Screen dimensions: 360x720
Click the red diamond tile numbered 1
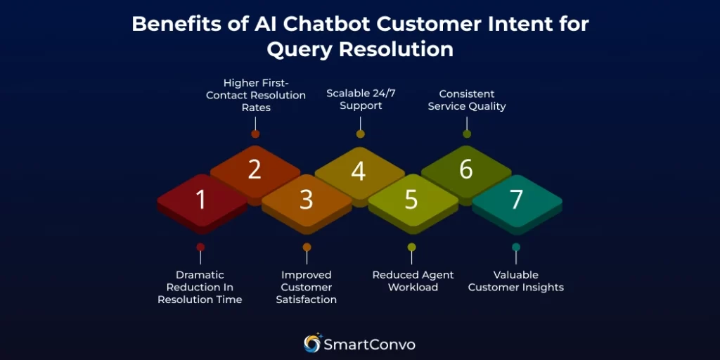(201, 200)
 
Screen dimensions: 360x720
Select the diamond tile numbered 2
(255, 171)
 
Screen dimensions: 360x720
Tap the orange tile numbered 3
(307, 200)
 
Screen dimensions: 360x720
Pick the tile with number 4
(359, 171)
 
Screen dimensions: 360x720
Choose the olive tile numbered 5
(412, 200)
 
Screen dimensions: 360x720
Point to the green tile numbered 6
(466, 171)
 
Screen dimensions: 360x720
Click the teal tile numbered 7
(517, 200)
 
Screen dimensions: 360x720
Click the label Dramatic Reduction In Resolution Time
(200, 288)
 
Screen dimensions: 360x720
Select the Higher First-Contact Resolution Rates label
(256, 96)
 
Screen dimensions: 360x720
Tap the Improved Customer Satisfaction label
(307, 288)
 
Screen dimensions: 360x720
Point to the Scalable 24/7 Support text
(361, 100)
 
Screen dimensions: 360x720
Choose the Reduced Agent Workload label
(413, 281)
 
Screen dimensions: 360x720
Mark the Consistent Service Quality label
(467, 100)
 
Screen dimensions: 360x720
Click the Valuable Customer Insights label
(516, 281)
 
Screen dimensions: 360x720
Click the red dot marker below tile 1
(200, 247)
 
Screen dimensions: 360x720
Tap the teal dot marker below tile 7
(516, 247)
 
